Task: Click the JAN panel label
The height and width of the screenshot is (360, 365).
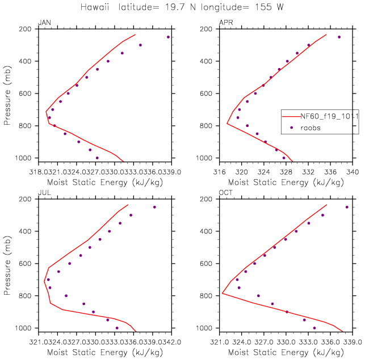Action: click(x=44, y=23)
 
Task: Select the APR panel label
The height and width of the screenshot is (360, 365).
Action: click(x=226, y=23)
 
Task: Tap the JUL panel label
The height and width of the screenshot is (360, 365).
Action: click(x=43, y=193)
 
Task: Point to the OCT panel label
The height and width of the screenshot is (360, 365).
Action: click(x=226, y=193)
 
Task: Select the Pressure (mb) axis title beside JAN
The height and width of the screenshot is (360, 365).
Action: click(x=7, y=94)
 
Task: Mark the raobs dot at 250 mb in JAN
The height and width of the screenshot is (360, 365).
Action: click(x=168, y=37)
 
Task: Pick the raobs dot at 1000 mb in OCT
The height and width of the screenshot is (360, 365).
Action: click(x=314, y=328)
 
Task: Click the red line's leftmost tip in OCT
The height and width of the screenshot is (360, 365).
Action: click(x=222, y=293)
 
